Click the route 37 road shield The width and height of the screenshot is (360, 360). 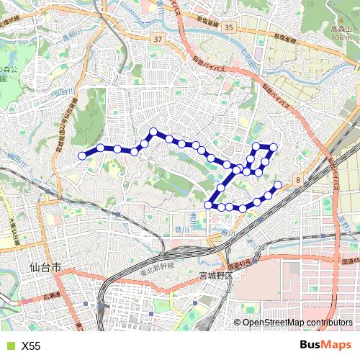[x=158, y=38]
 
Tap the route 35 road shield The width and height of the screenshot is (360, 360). [x=229, y=27]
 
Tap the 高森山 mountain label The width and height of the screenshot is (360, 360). [x=341, y=29]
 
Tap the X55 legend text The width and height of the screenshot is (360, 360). [x=31, y=346]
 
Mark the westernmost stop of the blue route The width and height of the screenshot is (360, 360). [x=82, y=156]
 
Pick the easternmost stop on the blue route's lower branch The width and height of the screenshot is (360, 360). [x=278, y=184]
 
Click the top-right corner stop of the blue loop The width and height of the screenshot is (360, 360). [x=274, y=147]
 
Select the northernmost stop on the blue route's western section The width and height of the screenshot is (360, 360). [x=153, y=132]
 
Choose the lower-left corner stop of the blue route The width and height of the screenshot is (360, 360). [x=208, y=205]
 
